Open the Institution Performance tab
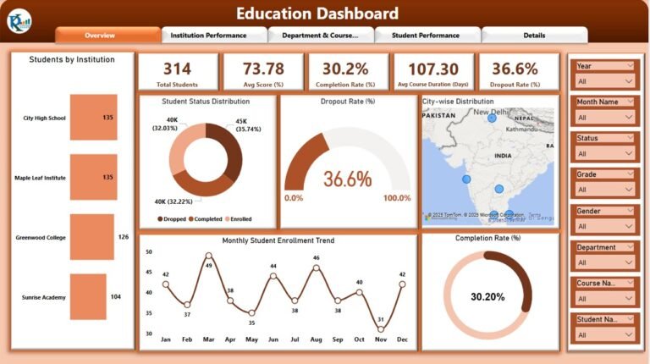(x=208, y=36)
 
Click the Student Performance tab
(x=426, y=36)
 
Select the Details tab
(x=534, y=36)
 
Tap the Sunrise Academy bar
(x=88, y=297)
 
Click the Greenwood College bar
(x=91, y=237)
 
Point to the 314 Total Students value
(x=177, y=69)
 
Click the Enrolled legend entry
(x=237, y=219)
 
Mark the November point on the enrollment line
(x=381, y=329)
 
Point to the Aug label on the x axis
(x=316, y=339)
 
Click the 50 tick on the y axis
(x=149, y=251)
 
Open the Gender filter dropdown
(x=604, y=227)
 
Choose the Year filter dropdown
(x=604, y=82)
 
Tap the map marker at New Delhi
(x=492, y=119)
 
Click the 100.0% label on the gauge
(x=397, y=198)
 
